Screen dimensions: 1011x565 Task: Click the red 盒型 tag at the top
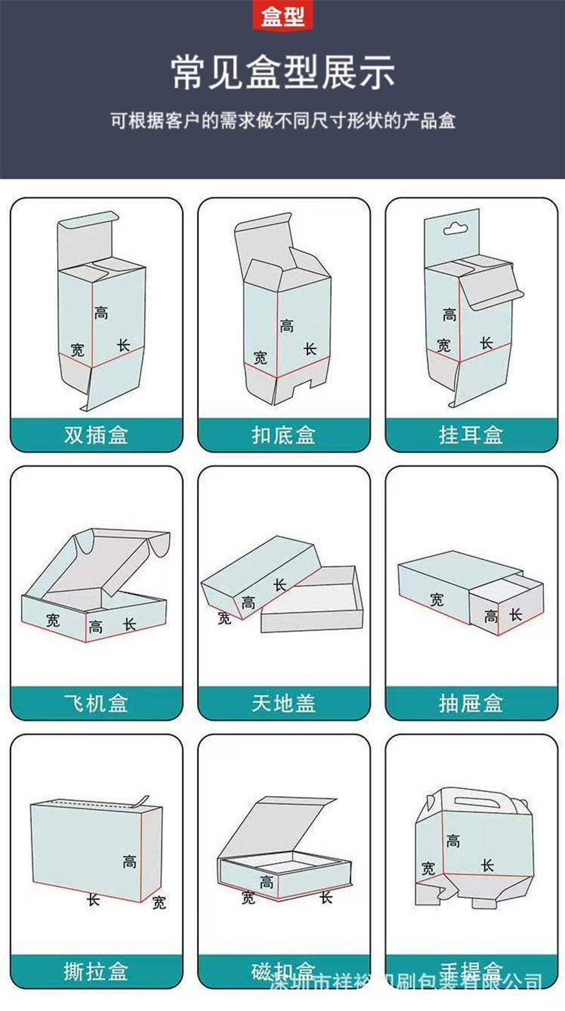point(282,16)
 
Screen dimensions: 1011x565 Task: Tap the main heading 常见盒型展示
point(282,73)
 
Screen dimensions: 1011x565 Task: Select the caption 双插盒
point(96,434)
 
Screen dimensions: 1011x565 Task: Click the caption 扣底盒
point(283,434)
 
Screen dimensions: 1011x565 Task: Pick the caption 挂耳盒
point(470,434)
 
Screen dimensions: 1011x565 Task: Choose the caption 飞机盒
point(96,703)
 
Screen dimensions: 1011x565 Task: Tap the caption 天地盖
point(283,703)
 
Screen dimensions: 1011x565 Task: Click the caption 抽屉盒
point(470,703)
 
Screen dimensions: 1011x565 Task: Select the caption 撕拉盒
point(96,971)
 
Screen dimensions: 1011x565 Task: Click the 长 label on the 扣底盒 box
point(310,349)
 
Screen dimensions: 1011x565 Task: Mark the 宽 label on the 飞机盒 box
point(53,620)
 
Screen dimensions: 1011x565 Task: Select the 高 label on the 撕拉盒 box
point(129,861)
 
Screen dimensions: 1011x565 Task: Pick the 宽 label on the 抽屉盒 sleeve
point(437,600)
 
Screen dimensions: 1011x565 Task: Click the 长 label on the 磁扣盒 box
point(326,897)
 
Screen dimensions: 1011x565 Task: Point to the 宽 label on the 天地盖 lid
point(225,619)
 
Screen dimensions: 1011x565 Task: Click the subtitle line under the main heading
point(282,120)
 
